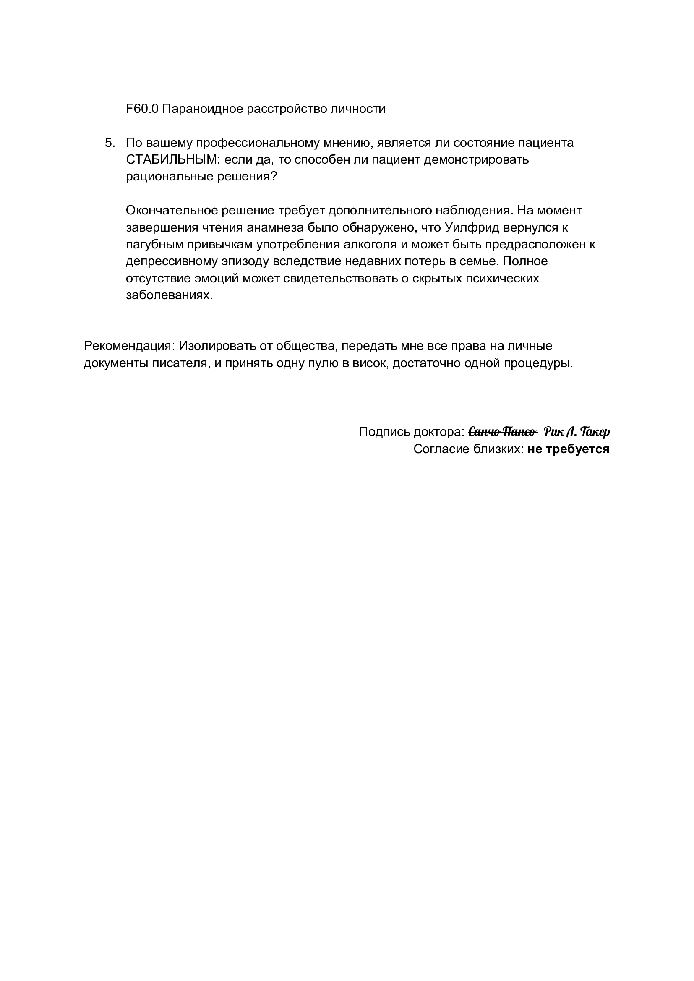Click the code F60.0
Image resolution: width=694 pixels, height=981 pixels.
pyautogui.click(x=142, y=109)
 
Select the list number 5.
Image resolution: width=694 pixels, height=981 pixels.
pyautogui.click(x=110, y=143)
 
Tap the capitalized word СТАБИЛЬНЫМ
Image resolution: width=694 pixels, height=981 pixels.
pyautogui.click(x=172, y=160)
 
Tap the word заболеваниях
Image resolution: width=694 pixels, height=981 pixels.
pyautogui.click(x=169, y=295)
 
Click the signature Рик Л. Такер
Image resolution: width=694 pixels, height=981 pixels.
pyautogui.click(x=577, y=432)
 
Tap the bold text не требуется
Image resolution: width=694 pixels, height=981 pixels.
pyautogui.click(x=568, y=449)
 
